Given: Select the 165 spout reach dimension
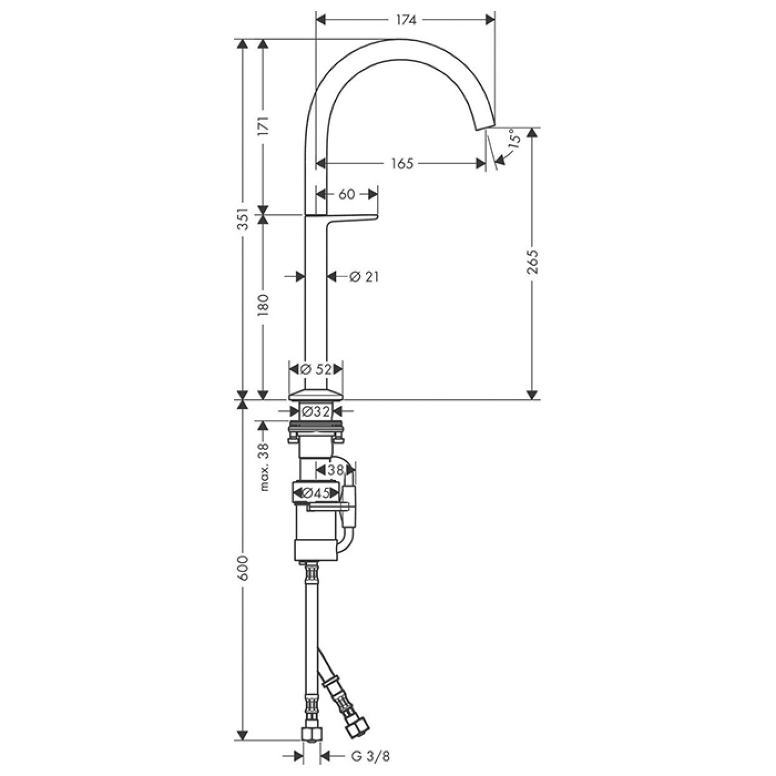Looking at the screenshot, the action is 402,163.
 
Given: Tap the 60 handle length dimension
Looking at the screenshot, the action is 347,194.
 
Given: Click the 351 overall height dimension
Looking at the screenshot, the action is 244,219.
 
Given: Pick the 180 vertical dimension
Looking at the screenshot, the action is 263,305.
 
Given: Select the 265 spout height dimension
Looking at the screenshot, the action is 532,261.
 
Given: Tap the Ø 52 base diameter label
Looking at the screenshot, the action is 316,370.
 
